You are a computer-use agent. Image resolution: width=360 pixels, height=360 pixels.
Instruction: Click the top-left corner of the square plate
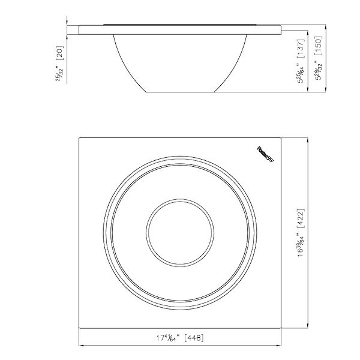point(79,137)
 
